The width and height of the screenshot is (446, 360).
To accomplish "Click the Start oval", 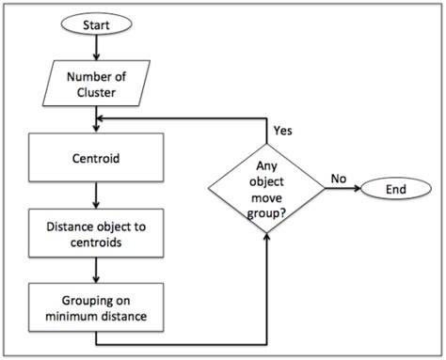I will click(95, 23).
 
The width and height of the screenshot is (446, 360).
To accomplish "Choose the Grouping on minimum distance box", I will click(95, 306).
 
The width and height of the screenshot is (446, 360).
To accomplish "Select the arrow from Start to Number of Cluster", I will click(95, 48).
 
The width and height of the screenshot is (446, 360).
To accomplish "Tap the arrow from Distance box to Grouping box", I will click(95, 269).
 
